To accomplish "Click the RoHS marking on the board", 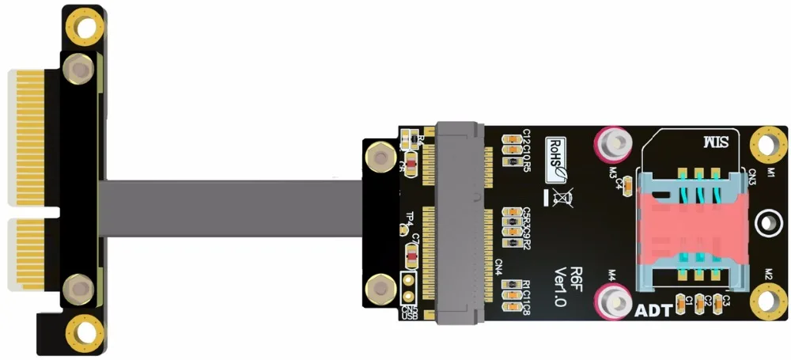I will pyautogui.click(x=556, y=155).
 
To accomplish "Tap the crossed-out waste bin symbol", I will pyautogui.click(x=564, y=195).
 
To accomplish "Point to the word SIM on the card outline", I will pyautogui.click(x=716, y=144).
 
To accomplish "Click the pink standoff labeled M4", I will pyautogui.click(x=614, y=301).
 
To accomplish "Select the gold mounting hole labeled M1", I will pyautogui.click(x=766, y=144).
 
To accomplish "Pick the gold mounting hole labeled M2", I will pyautogui.click(x=766, y=301).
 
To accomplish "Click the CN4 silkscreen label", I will pyautogui.click(x=499, y=267).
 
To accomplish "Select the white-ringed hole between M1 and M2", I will pyautogui.click(x=766, y=223).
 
